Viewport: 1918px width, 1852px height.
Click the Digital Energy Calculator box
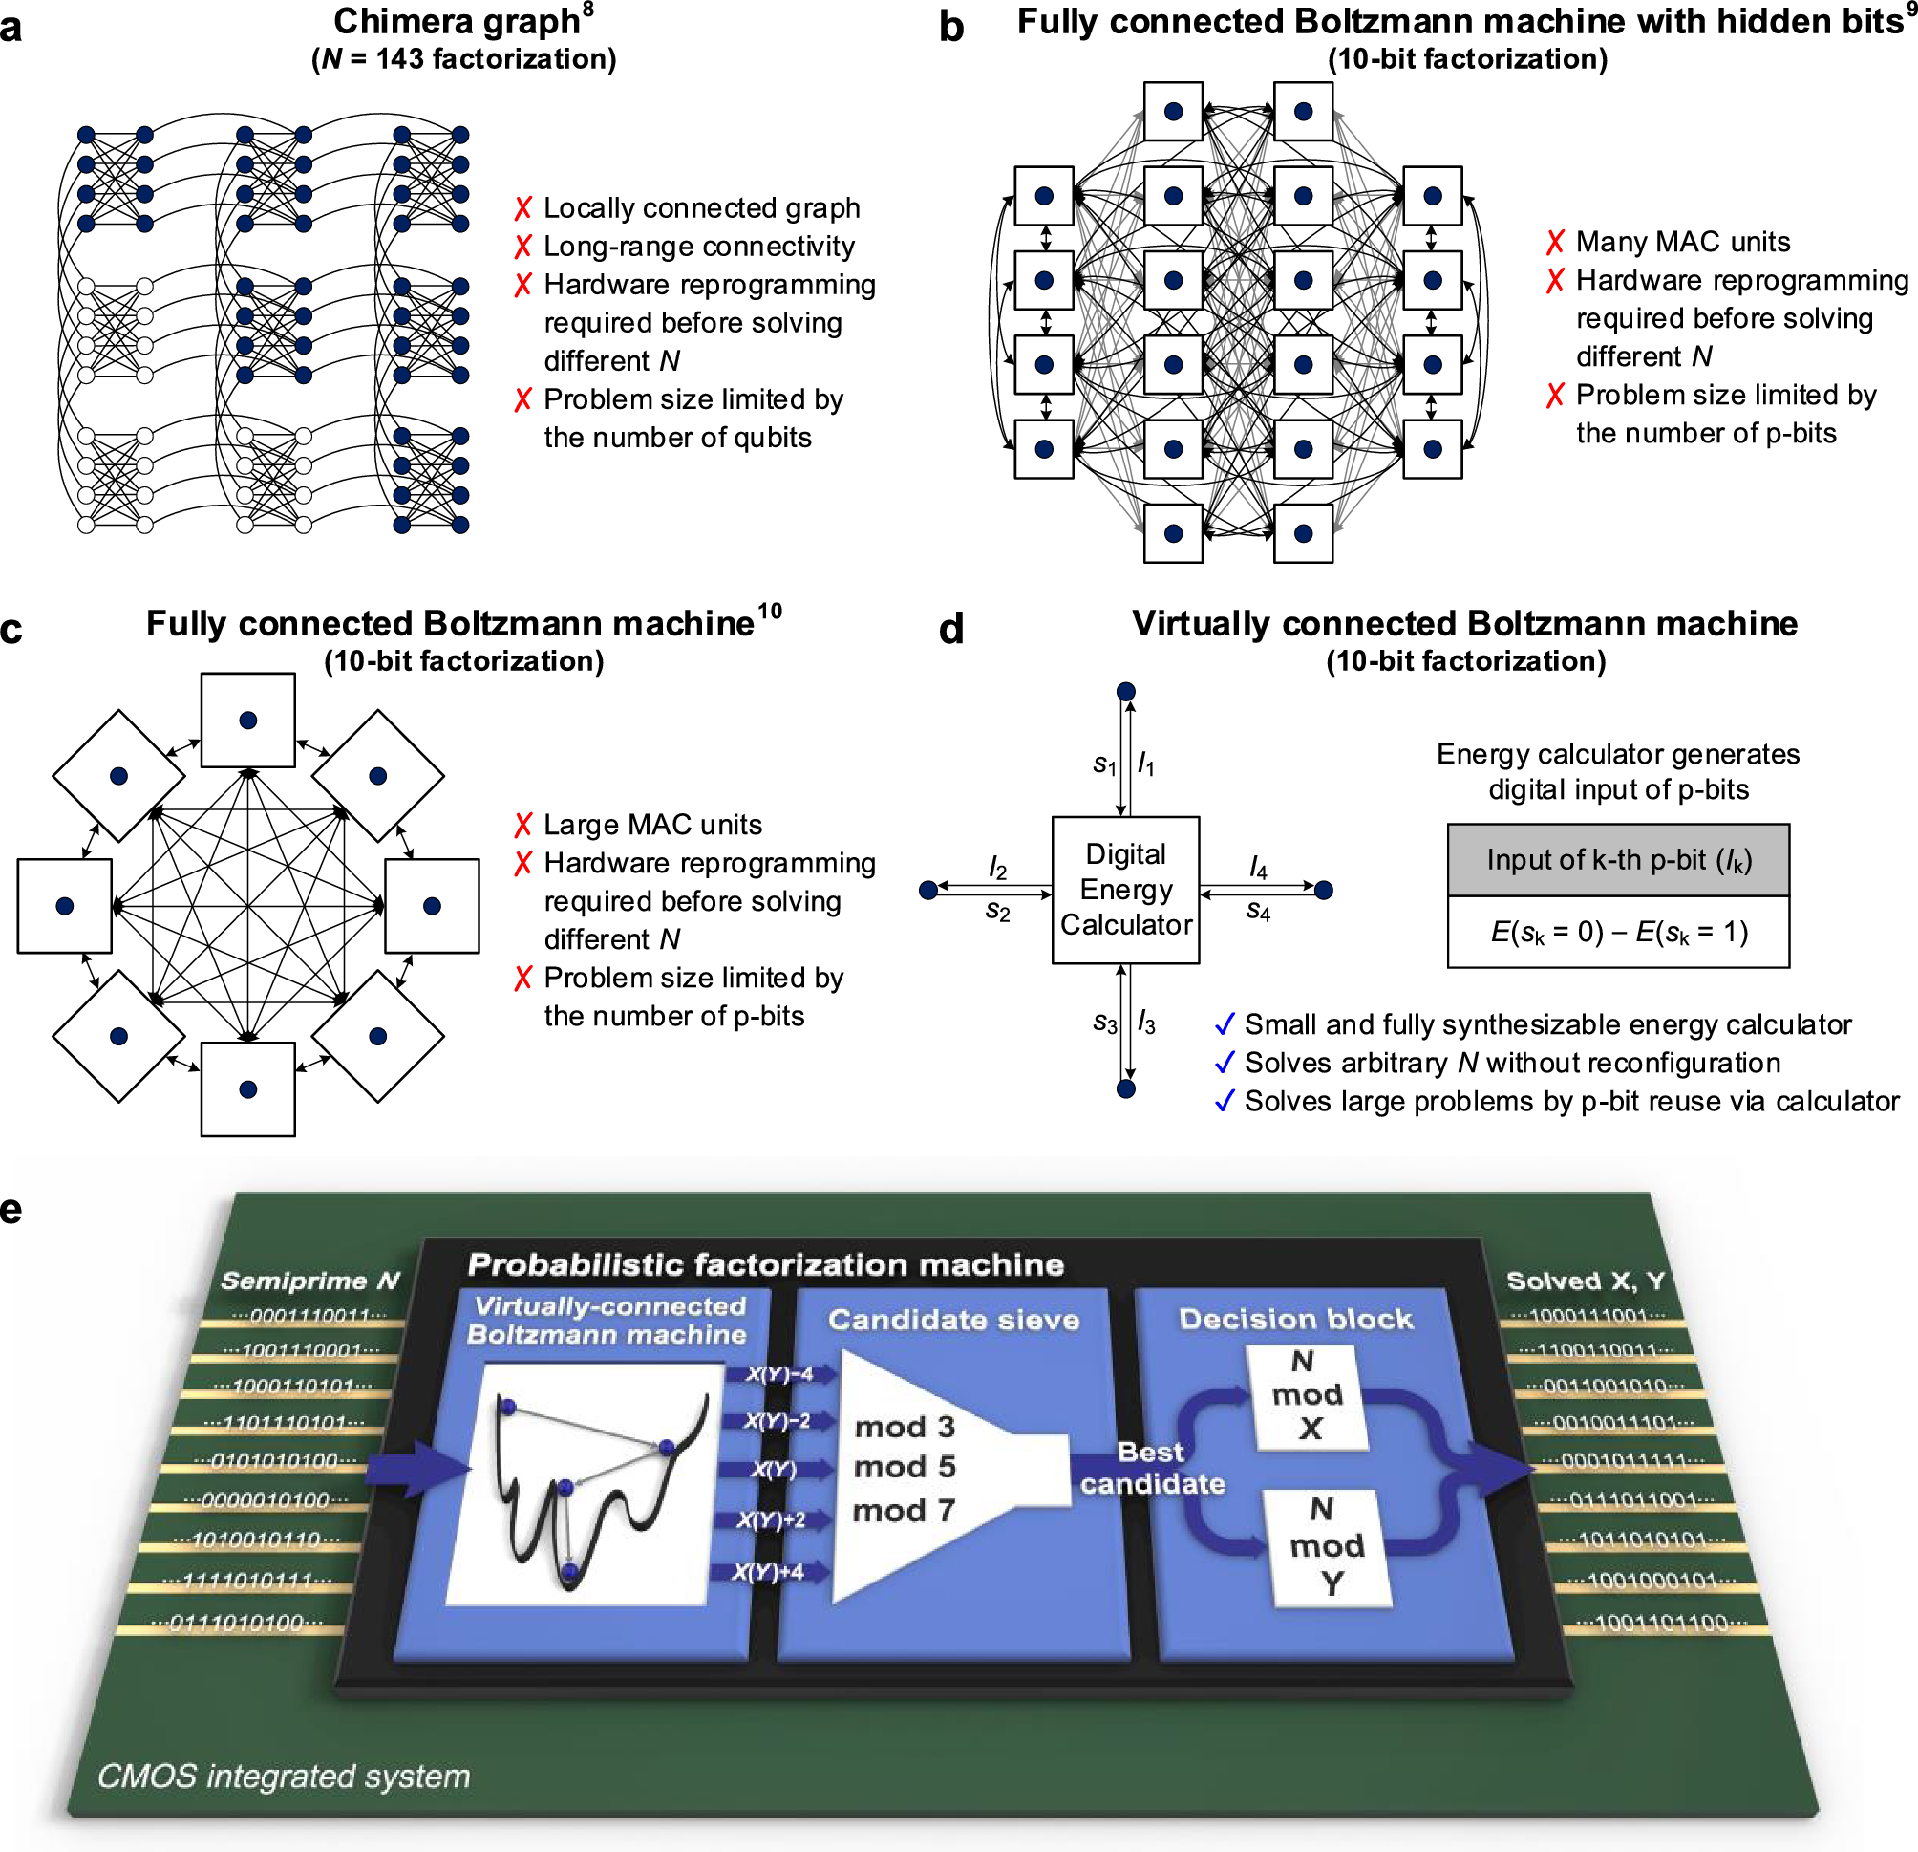(x=1125, y=890)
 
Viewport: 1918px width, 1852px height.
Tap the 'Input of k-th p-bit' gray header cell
(x=1619, y=860)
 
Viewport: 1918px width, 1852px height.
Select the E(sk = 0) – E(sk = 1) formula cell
(x=1619, y=932)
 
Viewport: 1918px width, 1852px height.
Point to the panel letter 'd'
(x=950, y=629)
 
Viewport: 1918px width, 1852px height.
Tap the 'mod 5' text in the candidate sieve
(x=904, y=1467)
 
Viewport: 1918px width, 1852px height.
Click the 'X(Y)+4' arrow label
(x=770, y=1573)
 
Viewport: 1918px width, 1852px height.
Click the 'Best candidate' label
(x=1152, y=1467)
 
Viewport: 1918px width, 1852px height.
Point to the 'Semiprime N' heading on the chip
(x=310, y=1281)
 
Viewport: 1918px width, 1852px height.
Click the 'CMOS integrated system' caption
(x=284, y=1777)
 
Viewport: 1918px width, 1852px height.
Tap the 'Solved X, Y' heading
(x=1585, y=1281)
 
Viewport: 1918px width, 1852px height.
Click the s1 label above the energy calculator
(x=1104, y=764)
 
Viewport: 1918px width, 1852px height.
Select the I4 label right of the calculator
(x=1258, y=868)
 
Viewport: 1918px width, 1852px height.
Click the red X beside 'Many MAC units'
(x=1555, y=242)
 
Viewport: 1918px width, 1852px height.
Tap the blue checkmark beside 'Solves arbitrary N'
(x=1225, y=1063)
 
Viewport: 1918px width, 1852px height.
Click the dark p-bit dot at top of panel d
(x=1126, y=692)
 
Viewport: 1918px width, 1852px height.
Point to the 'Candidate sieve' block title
(x=953, y=1320)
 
